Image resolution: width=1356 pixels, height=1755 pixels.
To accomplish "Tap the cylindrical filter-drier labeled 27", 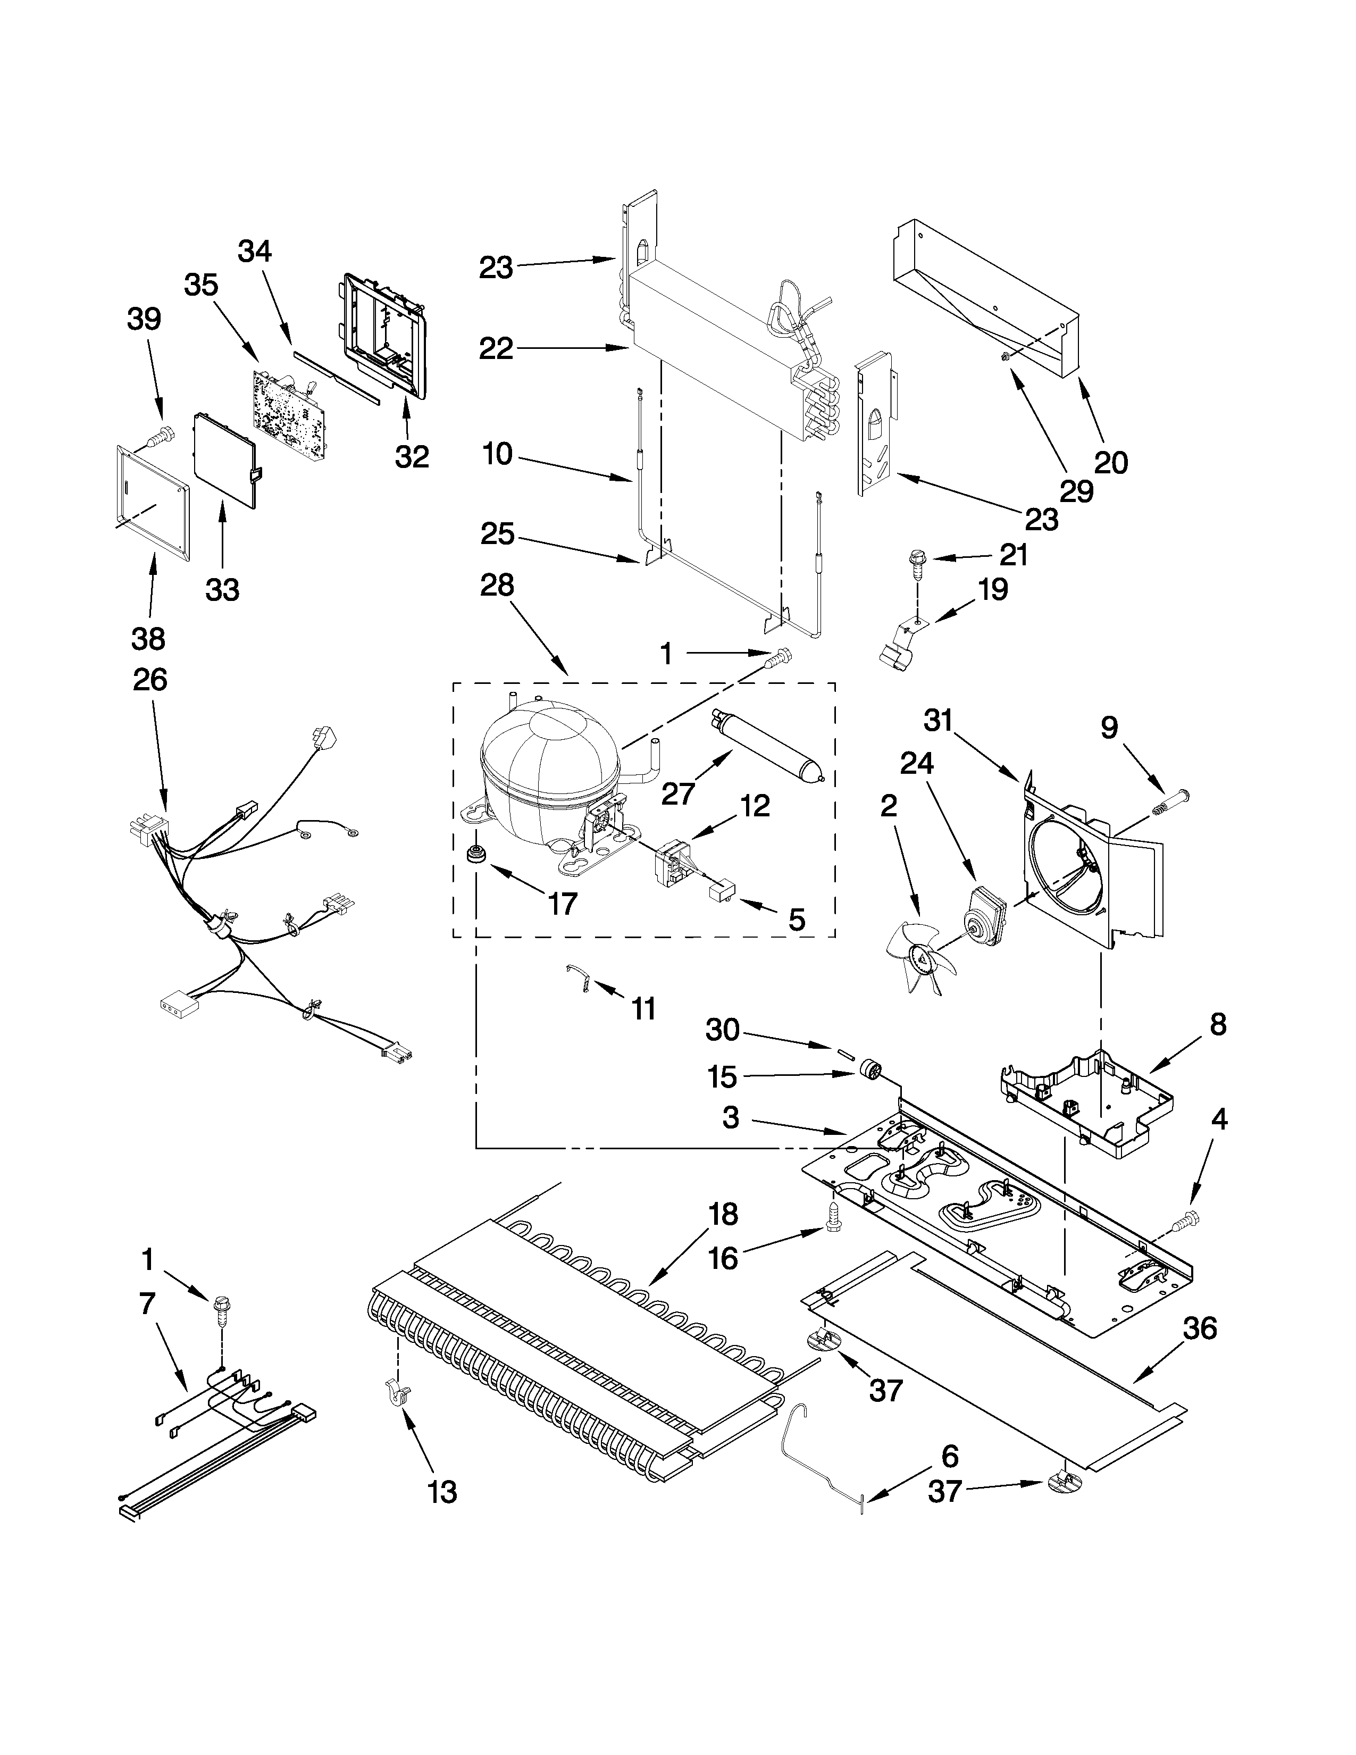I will click(766, 744).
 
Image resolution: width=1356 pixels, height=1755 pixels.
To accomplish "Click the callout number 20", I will click(1111, 462).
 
